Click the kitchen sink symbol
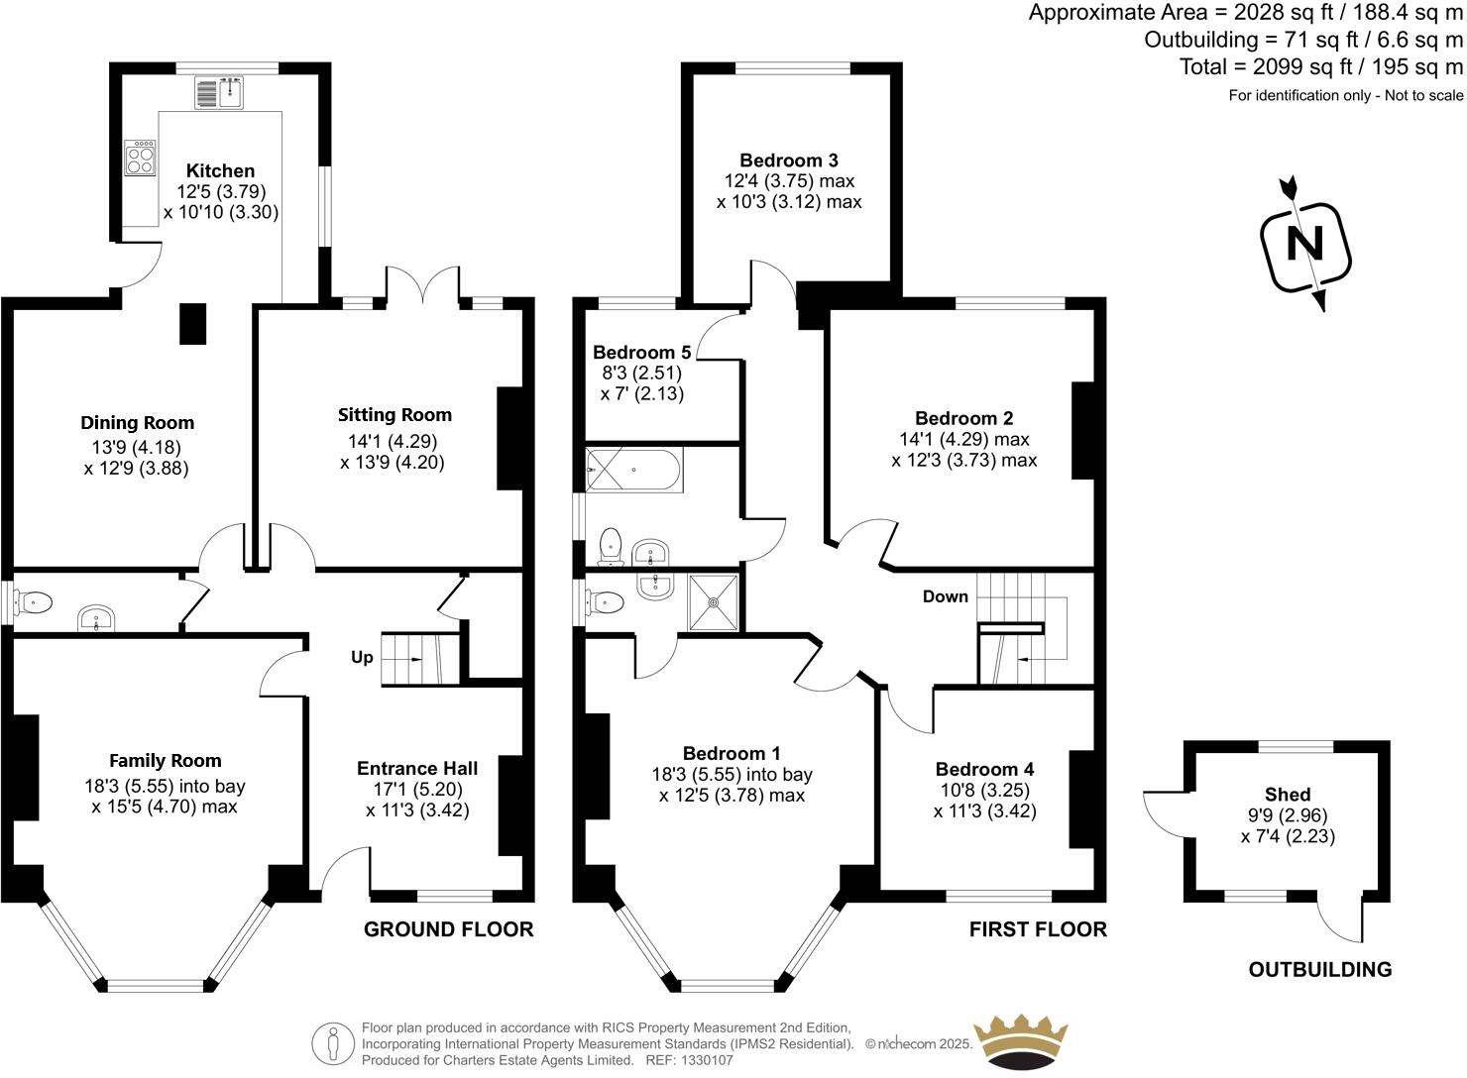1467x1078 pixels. [220, 93]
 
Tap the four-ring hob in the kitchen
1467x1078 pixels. [140, 158]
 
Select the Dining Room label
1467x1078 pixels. [137, 423]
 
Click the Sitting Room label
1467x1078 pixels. [395, 415]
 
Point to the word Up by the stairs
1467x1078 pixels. [362, 658]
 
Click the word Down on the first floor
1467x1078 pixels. [945, 596]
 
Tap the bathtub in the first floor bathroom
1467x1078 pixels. [633, 470]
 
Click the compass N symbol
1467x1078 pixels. [1305, 244]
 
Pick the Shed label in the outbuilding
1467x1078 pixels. [1288, 795]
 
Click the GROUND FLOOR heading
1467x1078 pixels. [448, 929]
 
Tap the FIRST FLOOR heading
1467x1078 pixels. [1038, 929]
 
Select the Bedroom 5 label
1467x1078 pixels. [641, 353]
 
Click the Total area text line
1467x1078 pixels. [1320, 67]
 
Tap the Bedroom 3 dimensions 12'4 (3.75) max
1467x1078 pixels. [789, 181]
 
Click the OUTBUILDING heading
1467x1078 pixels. [1319, 970]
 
